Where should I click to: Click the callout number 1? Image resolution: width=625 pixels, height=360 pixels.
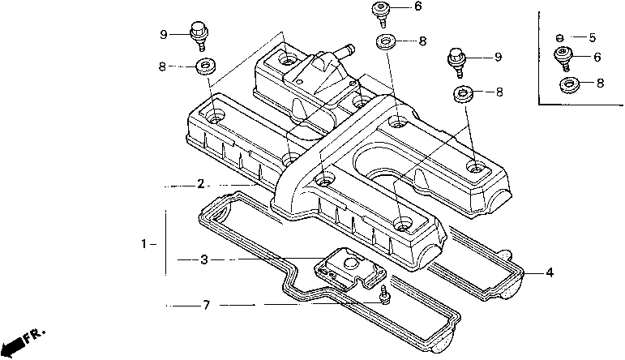pyautogui.click(x=144, y=243)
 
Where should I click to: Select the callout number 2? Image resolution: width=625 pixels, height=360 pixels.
pyautogui.click(x=200, y=184)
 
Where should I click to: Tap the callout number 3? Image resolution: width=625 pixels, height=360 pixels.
pyautogui.click(x=204, y=260)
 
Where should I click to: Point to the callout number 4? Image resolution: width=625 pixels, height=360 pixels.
pyautogui.click(x=550, y=272)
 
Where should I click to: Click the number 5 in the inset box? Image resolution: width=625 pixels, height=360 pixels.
pyautogui.click(x=593, y=37)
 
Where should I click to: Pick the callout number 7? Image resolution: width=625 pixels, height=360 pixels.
pyautogui.click(x=206, y=306)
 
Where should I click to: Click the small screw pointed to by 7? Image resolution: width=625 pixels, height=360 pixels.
pyautogui.click(x=385, y=295)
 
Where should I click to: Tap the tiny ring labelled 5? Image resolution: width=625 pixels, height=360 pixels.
pyautogui.click(x=559, y=38)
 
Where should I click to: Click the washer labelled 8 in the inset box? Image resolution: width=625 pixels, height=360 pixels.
pyautogui.click(x=569, y=84)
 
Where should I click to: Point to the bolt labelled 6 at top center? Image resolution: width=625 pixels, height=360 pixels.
pyautogui.click(x=381, y=15)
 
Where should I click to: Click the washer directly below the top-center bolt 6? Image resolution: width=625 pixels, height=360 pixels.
pyautogui.click(x=385, y=41)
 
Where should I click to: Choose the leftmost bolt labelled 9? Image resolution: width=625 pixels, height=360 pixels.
pyautogui.click(x=199, y=36)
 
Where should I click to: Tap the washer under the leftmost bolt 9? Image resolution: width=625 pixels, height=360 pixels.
pyautogui.click(x=206, y=66)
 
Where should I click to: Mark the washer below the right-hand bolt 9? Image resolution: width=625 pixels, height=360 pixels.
pyautogui.click(x=463, y=93)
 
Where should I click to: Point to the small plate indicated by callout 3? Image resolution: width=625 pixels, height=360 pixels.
pyautogui.click(x=350, y=268)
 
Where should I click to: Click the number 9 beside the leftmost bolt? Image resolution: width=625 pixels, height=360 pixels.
pyautogui.click(x=164, y=35)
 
